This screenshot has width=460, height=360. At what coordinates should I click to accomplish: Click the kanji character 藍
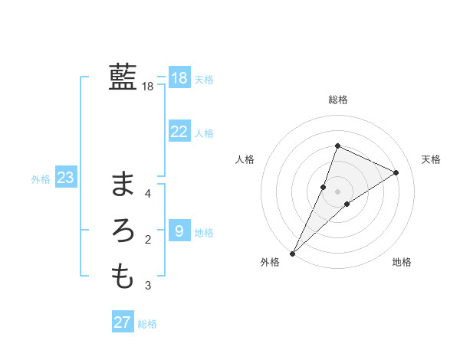tap(123, 77)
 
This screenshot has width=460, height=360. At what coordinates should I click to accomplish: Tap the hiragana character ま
tap(123, 184)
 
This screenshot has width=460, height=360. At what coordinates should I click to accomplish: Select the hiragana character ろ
tap(123, 231)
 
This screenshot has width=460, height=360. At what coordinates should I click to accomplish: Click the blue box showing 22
tap(179, 132)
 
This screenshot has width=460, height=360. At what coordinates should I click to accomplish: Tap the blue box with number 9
tap(179, 231)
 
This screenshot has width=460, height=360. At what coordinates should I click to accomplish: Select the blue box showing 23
tap(65, 178)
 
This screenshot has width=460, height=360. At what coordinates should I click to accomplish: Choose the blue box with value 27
tap(122, 322)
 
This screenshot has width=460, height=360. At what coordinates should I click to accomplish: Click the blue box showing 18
tap(179, 78)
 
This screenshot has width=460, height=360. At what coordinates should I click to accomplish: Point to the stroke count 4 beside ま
tap(148, 194)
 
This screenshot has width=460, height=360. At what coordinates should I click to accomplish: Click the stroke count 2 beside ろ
tap(148, 241)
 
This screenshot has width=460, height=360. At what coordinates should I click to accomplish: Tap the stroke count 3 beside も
tap(148, 286)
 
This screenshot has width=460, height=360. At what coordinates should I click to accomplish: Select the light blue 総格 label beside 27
tap(147, 324)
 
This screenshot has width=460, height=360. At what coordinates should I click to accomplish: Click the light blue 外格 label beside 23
tap(41, 179)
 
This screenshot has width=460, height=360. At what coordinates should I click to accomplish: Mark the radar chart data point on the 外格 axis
tap(293, 253)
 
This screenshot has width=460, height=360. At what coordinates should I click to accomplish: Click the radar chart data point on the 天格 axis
tap(396, 172)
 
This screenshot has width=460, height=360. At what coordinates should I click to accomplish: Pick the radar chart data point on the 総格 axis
tap(337, 146)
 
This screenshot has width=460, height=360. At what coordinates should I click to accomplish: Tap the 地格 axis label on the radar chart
tap(402, 262)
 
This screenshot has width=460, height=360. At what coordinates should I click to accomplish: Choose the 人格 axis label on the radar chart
tap(245, 159)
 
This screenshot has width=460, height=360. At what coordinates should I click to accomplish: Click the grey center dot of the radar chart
tap(337, 191)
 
